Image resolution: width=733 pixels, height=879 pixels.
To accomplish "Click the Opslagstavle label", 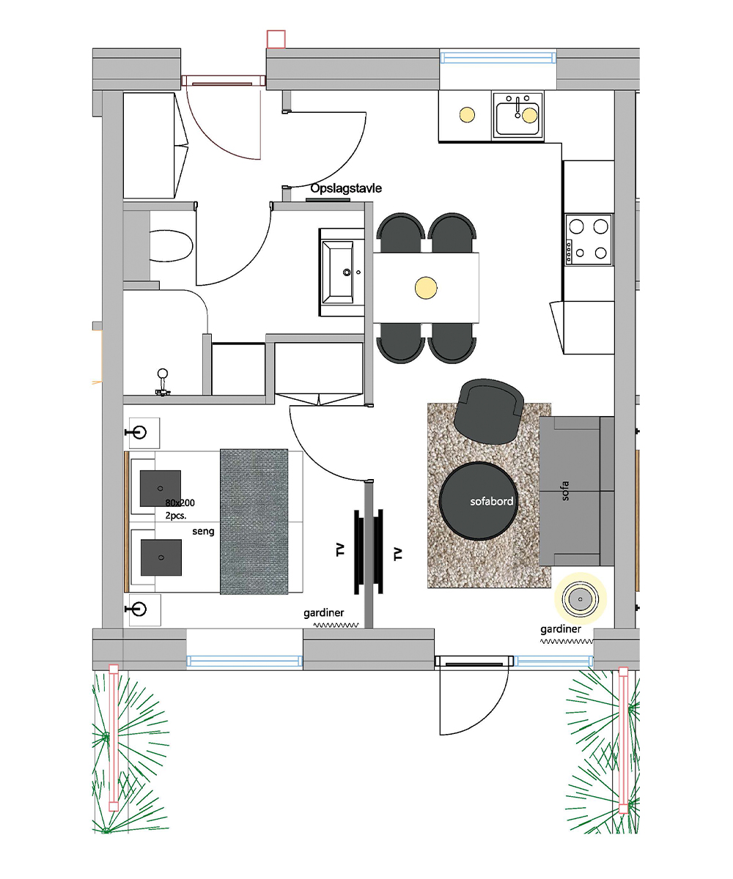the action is pos(346,188).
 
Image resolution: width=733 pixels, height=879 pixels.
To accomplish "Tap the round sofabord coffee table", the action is pos(478,501).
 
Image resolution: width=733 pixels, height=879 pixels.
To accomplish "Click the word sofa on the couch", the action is pos(565,491).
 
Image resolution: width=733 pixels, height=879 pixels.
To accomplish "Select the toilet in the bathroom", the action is pos(171,246).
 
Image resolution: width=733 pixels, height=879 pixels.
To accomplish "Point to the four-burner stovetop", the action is pos(589,240).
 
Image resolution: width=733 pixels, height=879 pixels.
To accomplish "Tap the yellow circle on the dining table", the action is pos(426,288).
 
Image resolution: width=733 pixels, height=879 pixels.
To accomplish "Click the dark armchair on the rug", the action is pos(489,412).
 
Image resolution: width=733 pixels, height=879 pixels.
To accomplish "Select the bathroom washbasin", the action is pos(342,272).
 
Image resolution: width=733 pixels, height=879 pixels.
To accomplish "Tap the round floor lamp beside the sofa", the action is pos(581,598).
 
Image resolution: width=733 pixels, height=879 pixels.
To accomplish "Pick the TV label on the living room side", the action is pos(398,554).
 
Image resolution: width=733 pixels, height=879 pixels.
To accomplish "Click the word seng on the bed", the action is pos(203,531).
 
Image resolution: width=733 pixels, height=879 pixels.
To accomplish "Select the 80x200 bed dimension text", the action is pos(180,502).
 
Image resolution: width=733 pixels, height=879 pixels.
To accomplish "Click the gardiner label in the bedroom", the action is pos(323,613).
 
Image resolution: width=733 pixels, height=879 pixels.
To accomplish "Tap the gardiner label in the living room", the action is pos(560,629).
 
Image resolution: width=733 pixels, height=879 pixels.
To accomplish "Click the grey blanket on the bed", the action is pos(254,522).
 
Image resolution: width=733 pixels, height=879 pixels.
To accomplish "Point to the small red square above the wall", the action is pos(276,39).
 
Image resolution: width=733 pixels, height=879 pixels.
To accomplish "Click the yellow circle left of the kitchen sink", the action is pos(467,114).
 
